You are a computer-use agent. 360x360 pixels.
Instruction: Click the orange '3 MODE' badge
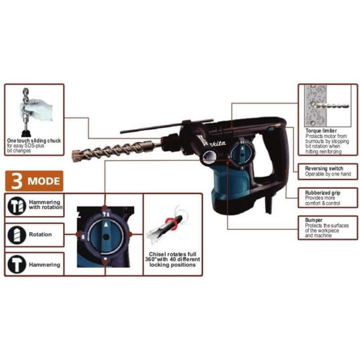pyautogui.click(x=34, y=181)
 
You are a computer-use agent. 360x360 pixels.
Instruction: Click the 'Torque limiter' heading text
pyautogui.click(x=321, y=130)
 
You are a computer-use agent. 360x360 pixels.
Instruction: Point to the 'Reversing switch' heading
pyautogui.click(x=324, y=169)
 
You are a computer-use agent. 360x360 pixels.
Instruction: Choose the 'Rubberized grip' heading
pyautogui.click(x=323, y=193)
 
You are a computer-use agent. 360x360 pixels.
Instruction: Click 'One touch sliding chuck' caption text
pyautogui.click(x=34, y=140)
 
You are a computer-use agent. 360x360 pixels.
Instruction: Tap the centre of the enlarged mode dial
pyautogui.click(x=105, y=235)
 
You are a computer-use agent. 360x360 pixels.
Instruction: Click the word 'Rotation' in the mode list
pyautogui.click(x=40, y=234)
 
